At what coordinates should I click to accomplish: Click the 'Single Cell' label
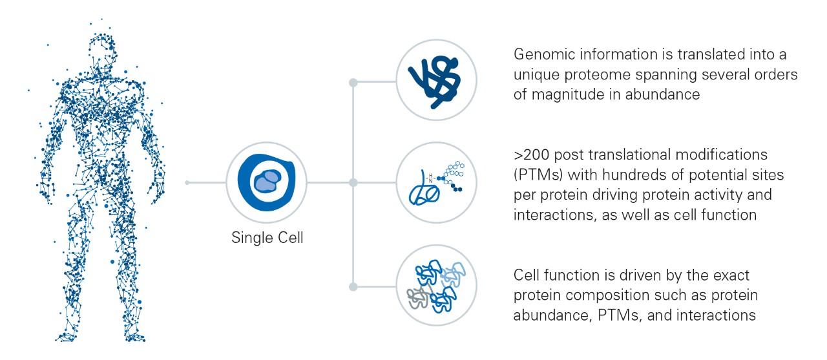coord(267,238)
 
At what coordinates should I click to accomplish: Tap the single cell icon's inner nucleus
coord(268,182)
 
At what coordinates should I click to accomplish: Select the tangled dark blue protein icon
coord(436,81)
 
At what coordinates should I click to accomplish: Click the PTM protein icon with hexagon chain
coord(436,183)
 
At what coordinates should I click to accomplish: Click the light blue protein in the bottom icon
coord(452,274)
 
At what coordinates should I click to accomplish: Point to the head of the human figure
coord(102,48)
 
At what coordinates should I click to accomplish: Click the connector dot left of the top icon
coord(353,82)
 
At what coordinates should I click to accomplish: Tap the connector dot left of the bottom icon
coord(353,286)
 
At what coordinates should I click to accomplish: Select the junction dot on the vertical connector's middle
coord(353,183)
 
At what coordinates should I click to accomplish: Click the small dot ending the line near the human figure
coord(187,183)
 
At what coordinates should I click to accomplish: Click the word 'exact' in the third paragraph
coord(732,276)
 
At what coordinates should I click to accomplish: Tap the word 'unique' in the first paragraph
coord(535,74)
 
